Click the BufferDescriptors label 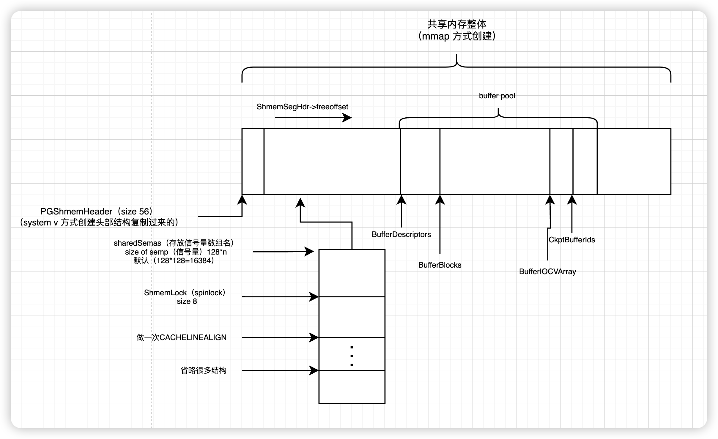(x=401, y=234)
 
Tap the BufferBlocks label (x=440, y=265)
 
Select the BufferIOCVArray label (x=547, y=271)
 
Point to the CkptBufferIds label (x=572, y=240)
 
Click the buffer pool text (x=497, y=96)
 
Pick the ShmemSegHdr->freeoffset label (x=302, y=107)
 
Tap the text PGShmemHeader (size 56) (x=97, y=211)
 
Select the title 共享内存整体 (x=457, y=24)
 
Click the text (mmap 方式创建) (x=457, y=36)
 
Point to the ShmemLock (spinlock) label (x=185, y=293)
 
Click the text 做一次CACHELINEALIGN (x=181, y=337)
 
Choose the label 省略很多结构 (x=204, y=370)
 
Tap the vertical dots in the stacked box (x=352, y=356)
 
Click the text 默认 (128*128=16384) (x=174, y=261)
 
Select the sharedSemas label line (x=174, y=243)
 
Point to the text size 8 (x=187, y=301)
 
